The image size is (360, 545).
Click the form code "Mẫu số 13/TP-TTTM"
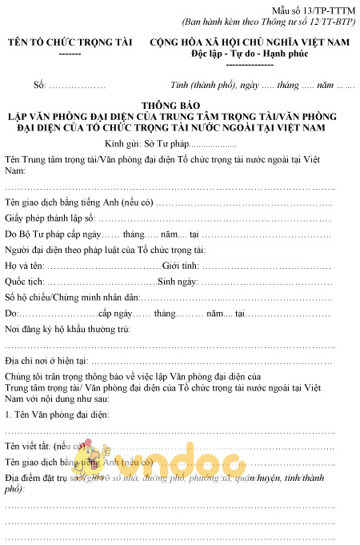click(x=319, y=8)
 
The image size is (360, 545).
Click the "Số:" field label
click(x=39, y=84)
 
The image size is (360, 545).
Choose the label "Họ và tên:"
click(x=25, y=265)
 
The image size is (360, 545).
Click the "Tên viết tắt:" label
click(x=29, y=446)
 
